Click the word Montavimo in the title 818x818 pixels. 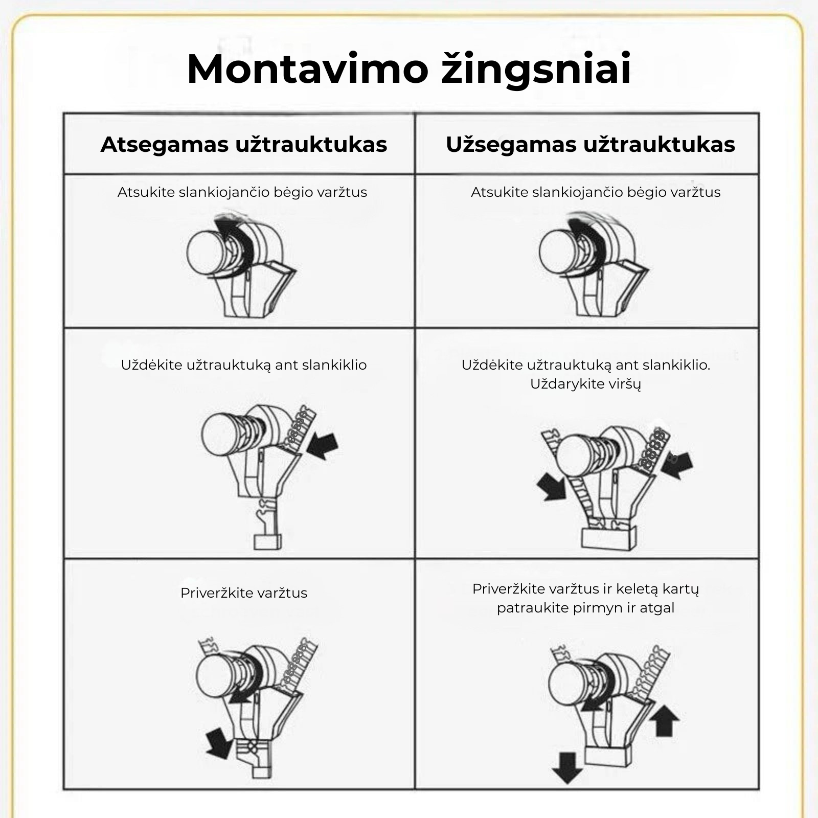tap(307, 69)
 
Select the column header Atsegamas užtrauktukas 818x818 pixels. tap(244, 144)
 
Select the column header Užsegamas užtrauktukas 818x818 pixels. tap(590, 144)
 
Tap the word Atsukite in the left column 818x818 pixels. tap(146, 192)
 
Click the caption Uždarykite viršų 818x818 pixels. tap(585, 384)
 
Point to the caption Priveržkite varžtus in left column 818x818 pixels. tap(244, 593)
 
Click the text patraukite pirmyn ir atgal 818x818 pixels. tap(585, 608)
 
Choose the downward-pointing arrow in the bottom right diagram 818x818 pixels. tap(567, 767)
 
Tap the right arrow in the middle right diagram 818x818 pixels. tap(678, 464)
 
